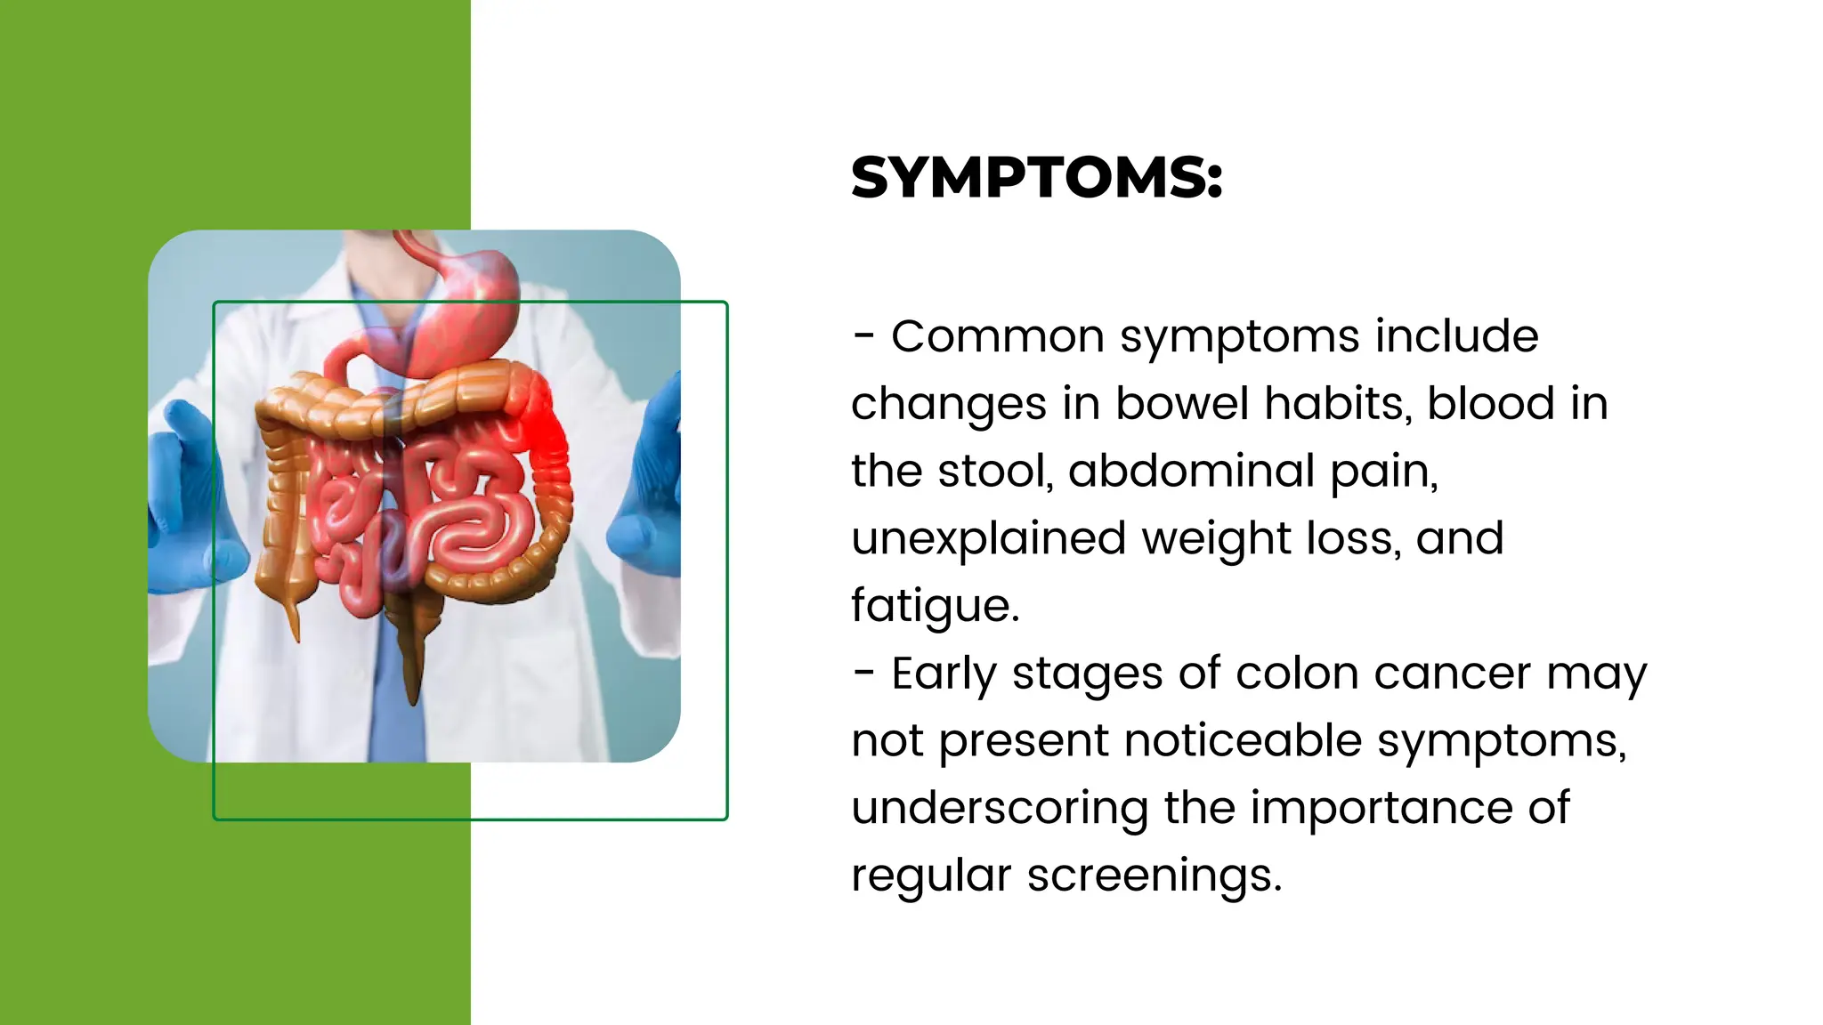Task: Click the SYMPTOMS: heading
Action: [1036, 177]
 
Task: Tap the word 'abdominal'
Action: [1191, 471]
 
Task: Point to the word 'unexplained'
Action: [988, 539]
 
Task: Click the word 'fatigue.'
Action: [935, 607]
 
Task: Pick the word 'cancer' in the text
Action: [1452, 674]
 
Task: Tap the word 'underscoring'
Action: [999, 809]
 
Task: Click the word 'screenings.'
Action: [1155, 876]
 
